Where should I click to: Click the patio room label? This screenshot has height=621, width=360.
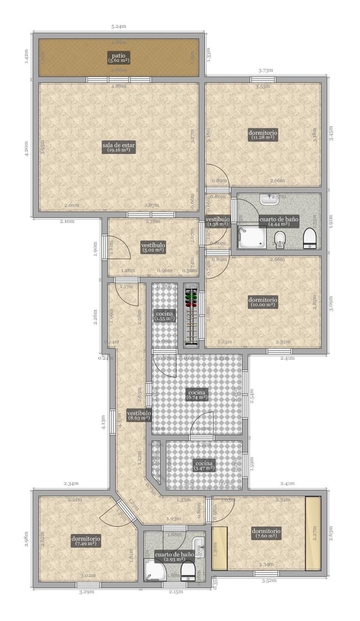click(x=118, y=57)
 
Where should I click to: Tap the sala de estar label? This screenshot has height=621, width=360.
click(x=118, y=147)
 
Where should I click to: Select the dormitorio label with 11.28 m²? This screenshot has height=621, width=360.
click(x=263, y=135)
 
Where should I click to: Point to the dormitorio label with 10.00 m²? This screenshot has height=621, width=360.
click(x=263, y=302)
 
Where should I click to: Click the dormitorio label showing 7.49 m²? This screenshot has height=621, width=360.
click(x=86, y=541)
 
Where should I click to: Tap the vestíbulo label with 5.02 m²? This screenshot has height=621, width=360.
click(x=153, y=247)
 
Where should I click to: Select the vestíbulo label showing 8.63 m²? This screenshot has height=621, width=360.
click(x=139, y=416)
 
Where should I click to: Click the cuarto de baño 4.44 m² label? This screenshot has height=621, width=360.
click(x=279, y=221)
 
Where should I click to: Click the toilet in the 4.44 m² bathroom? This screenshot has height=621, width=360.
click(x=310, y=239)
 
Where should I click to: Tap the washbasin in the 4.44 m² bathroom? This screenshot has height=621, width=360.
click(x=267, y=199)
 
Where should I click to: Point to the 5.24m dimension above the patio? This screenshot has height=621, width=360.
click(x=119, y=26)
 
